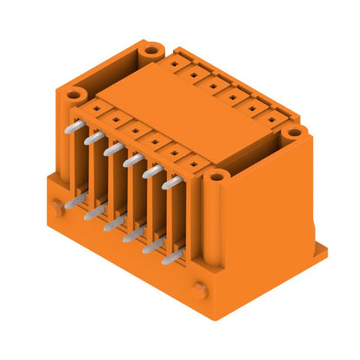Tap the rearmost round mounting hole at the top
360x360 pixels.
[152, 50]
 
